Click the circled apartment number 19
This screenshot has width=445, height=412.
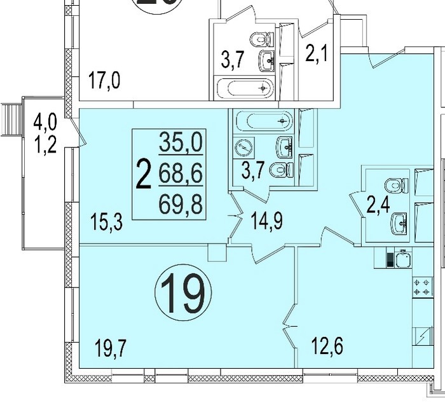coord(183,292)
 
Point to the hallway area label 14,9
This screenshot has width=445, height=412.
coord(267,220)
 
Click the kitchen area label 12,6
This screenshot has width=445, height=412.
coord(327,346)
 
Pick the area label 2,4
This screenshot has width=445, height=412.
coord(378,205)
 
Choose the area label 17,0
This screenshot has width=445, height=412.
coord(104,80)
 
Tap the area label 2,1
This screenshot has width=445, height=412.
coord(317,53)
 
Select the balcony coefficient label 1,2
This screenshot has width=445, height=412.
coord(45,144)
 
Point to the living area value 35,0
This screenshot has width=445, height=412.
coord(181,142)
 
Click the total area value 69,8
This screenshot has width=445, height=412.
coord(181,205)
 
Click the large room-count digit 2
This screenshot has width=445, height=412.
coord(143,174)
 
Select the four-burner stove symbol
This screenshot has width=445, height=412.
coord(422,287)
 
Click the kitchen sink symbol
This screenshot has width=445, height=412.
coord(403,258)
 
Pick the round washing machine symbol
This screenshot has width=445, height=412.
coord(243,148)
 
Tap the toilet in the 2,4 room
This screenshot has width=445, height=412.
coord(397,186)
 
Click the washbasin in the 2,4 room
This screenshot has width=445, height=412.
coord(399,224)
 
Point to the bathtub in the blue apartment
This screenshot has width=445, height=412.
coord(264,121)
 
